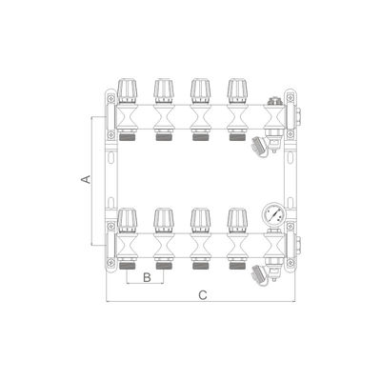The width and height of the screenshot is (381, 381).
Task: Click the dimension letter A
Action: (x=87, y=179)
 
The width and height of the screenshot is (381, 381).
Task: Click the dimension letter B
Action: (x=146, y=278)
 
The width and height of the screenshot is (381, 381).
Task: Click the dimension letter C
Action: (x=202, y=296)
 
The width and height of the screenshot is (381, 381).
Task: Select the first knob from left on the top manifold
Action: (x=125, y=90)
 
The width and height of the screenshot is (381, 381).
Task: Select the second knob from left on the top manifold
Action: (x=163, y=90)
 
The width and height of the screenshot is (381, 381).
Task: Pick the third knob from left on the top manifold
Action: (x=200, y=90)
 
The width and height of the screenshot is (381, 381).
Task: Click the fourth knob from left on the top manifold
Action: (x=237, y=90)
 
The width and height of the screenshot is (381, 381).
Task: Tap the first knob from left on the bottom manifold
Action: (x=125, y=221)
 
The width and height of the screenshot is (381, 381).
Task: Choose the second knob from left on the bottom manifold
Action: (x=163, y=221)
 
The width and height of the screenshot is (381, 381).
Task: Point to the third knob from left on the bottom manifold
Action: (x=200, y=221)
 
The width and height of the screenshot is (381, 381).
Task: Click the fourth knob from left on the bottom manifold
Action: (x=237, y=221)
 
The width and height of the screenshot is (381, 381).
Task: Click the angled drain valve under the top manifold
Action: (x=258, y=147)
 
